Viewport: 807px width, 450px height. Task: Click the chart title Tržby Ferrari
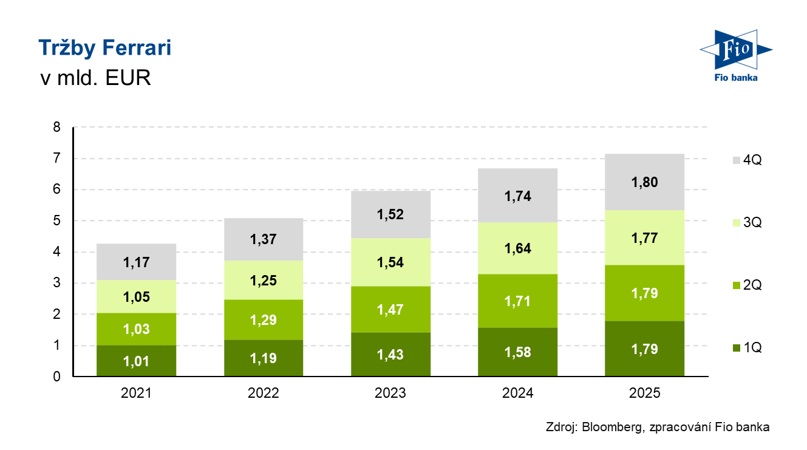point(104,48)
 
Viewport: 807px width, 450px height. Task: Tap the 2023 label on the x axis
point(390,393)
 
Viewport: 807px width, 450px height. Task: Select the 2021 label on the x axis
point(136,393)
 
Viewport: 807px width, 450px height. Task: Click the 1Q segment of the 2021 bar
point(136,361)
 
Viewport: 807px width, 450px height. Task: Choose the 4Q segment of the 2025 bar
point(644,182)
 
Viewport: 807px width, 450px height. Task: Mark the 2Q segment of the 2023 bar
point(390,309)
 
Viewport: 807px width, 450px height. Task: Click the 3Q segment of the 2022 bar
point(263,280)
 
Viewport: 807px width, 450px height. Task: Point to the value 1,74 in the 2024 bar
point(517,196)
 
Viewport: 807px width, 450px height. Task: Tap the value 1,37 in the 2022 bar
point(263,240)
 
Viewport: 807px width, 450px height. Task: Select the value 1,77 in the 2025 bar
point(644,237)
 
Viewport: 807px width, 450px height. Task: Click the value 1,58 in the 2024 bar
point(517,353)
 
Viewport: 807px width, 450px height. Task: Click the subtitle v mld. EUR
point(95,78)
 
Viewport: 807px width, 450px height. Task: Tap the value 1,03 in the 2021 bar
point(136,330)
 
